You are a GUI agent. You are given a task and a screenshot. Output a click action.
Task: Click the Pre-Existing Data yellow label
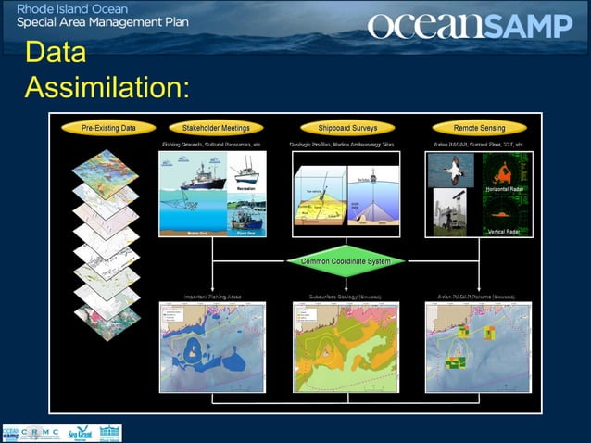point(108,128)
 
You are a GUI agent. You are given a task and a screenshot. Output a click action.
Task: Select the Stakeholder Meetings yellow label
point(215,128)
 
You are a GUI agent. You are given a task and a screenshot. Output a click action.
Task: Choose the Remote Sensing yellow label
point(478,128)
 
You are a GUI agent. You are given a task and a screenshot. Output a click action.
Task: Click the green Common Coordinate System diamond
point(346,261)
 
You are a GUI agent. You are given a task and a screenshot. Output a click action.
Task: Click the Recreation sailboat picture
point(246,173)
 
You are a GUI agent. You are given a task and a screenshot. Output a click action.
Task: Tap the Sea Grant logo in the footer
point(80,433)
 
